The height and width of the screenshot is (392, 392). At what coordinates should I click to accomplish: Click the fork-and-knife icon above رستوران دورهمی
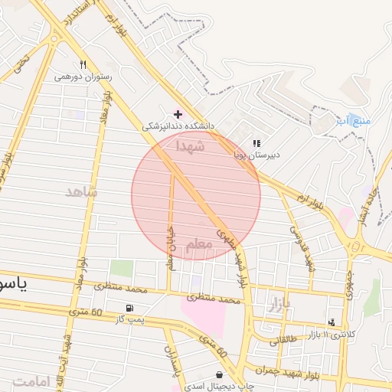[x=83, y=65]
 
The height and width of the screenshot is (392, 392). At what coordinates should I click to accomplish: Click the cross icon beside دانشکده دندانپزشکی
[x=178, y=113]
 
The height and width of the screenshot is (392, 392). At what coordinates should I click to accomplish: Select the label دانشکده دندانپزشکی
[x=181, y=125]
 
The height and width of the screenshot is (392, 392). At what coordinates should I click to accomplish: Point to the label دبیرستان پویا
[x=257, y=153]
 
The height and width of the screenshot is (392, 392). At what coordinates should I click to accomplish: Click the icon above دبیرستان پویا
[x=256, y=142]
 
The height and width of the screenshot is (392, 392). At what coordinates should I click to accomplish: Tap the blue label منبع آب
[x=353, y=121]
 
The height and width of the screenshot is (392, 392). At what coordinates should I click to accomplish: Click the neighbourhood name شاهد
[x=81, y=191]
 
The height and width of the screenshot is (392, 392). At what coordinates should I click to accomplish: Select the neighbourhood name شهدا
[x=190, y=145]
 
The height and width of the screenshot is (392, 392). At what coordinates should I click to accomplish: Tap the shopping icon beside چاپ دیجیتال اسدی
[x=220, y=374]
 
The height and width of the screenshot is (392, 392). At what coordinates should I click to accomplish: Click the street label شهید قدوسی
[x=302, y=249]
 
